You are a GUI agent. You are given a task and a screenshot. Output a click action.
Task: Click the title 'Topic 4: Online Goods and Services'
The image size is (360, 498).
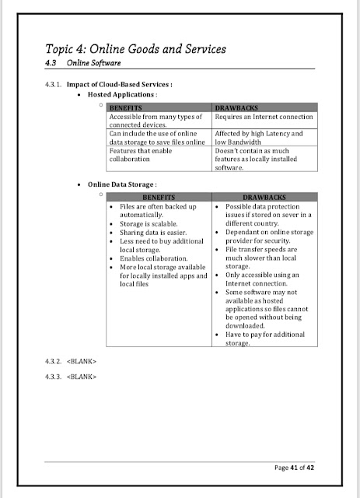136,50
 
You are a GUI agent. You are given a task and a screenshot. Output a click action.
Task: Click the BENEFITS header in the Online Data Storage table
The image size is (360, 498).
158,198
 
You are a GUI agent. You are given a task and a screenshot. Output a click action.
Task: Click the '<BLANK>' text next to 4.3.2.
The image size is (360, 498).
82,363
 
